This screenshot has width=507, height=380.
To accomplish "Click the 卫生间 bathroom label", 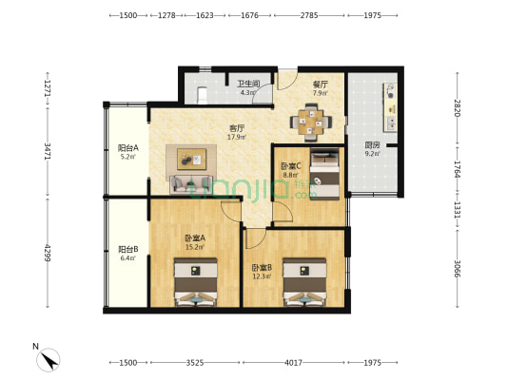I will [248, 83].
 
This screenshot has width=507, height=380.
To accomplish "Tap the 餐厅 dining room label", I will [321, 84].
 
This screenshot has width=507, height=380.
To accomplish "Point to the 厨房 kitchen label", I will [372, 145].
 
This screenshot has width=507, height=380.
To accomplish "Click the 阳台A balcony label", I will [128, 148].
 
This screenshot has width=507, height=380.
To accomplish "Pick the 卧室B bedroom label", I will [263, 268].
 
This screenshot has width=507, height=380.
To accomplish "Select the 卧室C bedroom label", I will [291, 165].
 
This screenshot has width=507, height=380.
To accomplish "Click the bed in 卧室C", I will [323, 174].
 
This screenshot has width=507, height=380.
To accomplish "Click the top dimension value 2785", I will [308, 15].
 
